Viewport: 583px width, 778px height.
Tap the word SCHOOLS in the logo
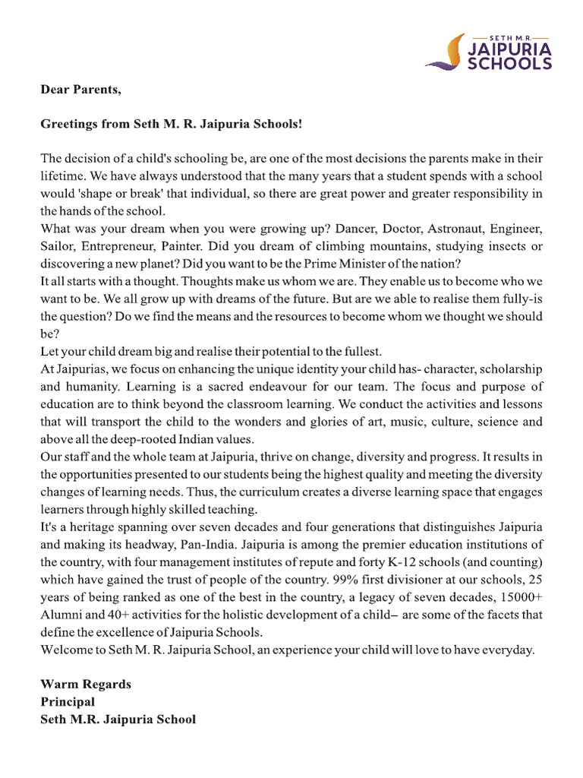(509, 65)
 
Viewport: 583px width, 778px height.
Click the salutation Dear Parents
(80, 90)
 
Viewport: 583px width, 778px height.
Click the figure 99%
(344, 580)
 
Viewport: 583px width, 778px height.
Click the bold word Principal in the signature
(68, 702)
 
